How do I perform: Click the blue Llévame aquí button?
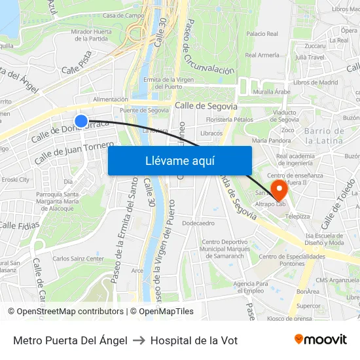click(x=179, y=160)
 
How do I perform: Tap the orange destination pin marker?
click(x=279, y=190)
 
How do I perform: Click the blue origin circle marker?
click(x=81, y=121)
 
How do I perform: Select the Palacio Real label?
click(x=262, y=33)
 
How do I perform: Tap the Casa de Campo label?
click(x=123, y=15)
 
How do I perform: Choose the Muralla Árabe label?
click(x=272, y=92)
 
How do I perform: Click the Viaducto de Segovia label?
click(x=285, y=115)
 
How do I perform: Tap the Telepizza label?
click(x=297, y=215)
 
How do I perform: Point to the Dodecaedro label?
click(x=198, y=223)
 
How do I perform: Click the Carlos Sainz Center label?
click(x=78, y=259)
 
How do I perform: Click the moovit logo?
click(x=321, y=340)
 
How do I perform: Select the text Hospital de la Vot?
click(x=194, y=340)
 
